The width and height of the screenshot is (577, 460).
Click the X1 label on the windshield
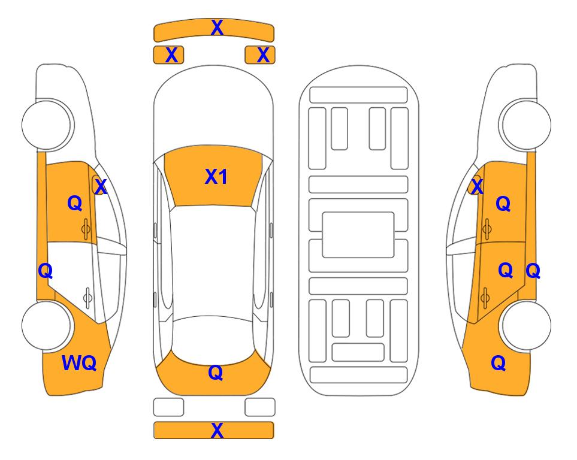216,177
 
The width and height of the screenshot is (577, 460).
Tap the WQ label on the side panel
79,363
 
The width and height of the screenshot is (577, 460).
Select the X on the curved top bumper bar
217,28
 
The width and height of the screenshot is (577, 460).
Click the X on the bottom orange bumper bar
217,430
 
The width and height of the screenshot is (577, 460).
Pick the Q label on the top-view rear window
216,373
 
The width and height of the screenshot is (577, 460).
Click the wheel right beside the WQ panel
47,325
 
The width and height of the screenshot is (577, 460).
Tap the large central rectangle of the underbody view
358,235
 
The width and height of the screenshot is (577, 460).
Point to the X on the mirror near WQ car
100,186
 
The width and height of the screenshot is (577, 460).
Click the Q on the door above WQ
75,203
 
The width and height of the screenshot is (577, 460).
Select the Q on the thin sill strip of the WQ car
46,271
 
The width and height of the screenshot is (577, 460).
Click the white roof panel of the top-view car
213,261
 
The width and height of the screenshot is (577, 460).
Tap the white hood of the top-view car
213,110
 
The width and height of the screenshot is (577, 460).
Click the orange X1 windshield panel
213,176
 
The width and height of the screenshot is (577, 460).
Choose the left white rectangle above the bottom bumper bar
168,407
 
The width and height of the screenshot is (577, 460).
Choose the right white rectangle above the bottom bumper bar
260,407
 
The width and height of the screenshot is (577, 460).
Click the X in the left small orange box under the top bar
171,55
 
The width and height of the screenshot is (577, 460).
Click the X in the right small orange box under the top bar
263,55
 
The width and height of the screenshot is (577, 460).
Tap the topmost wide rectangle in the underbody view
358,95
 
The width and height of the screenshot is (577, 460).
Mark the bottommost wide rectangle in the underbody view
358,375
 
